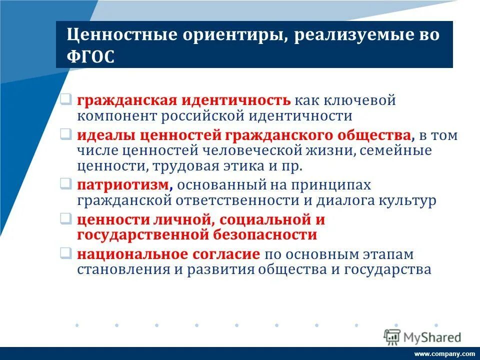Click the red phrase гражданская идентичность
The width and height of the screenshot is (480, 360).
coord(183,100)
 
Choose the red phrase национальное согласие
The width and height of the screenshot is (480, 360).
coord(168,254)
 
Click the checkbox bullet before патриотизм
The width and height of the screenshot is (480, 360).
coord(66,184)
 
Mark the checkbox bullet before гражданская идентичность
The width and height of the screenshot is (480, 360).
coord(66,100)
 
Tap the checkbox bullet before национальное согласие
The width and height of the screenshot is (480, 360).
coord(66,253)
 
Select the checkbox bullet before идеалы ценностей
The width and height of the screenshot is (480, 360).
coord(66,135)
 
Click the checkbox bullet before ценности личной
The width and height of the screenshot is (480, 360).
coord(66,219)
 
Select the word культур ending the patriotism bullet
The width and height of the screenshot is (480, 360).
coord(408,200)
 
